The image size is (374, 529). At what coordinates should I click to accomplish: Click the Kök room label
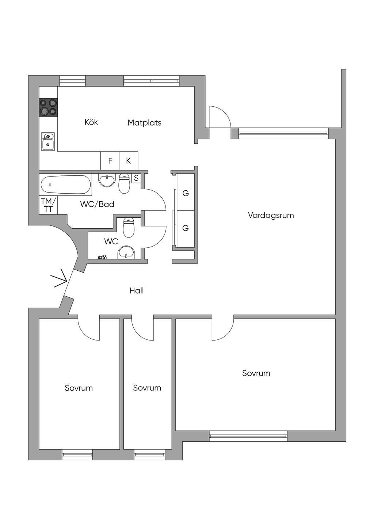click(x=91, y=122)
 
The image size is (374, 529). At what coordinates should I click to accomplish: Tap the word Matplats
click(x=145, y=123)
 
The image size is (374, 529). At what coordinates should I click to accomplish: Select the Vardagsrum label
click(x=271, y=216)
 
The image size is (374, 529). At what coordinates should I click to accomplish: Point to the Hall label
click(x=137, y=291)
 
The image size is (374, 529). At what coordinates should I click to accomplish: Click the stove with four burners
click(x=49, y=107)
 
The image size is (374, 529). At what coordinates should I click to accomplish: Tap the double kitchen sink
click(x=48, y=142)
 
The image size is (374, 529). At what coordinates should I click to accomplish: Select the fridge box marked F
click(x=110, y=161)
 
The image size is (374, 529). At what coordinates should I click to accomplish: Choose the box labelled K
click(x=129, y=161)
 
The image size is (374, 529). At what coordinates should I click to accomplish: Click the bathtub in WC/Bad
click(x=65, y=185)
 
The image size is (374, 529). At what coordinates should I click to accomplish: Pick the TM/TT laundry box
click(x=49, y=205)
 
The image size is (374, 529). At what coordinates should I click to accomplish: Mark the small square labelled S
click(x=136, y=178)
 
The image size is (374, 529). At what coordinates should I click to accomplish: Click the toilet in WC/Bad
click(x=124, y=183)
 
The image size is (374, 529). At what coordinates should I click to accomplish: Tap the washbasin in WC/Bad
click(x=107, y=181)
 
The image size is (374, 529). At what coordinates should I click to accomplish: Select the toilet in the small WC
click(x=129, y=228)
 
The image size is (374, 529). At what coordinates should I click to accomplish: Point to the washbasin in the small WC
click(x=127, y=252)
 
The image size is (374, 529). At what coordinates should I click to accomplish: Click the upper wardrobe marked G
click(x=186, y=193)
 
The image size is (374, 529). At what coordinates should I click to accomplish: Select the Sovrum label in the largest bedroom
click(x=256, y=373)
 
